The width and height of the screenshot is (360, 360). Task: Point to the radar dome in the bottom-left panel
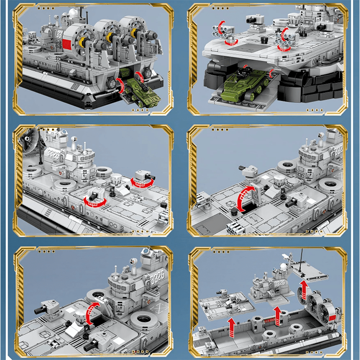pos(147,253)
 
